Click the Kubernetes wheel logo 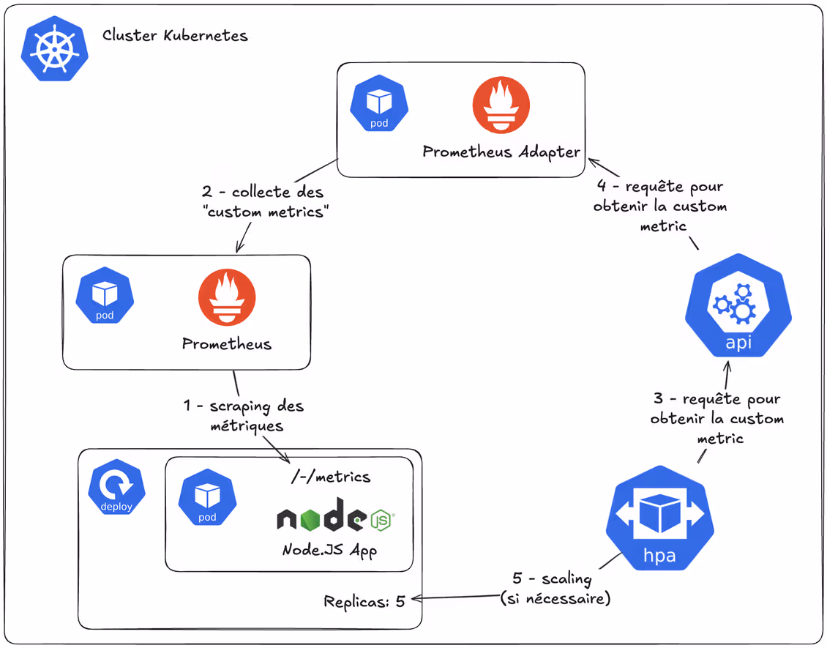(x=55, y=49)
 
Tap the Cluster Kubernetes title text (x=175, y=35)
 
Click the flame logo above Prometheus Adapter (x=501, y=105)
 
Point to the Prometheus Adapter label (x=501, y=152)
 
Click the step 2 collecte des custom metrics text (x=263, y=202)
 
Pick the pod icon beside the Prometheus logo (x=105, y=295)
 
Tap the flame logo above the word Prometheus (x=226, y=297)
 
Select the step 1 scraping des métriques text (x=243, y=415)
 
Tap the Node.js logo (x=336, y=516)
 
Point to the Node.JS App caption (x=329, y=550)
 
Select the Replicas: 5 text (x=364, y=602)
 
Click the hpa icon (x=659, y=518)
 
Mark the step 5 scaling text (x=555, y=588)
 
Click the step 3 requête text (x=717, y=419)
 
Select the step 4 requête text (x=660, y=206)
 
